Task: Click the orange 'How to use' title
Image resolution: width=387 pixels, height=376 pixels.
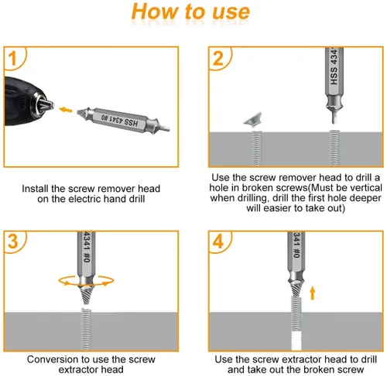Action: (190, 12)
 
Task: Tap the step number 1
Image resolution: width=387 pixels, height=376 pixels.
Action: (12, 58)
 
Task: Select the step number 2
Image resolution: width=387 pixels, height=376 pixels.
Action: (218, 59)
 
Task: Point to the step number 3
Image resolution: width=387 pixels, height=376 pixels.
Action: (13, 241)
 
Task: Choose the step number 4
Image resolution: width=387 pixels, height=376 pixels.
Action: (218, 241)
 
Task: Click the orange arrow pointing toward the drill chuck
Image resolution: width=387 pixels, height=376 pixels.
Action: (66, 110)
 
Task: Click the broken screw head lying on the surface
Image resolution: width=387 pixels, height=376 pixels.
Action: (253, 118)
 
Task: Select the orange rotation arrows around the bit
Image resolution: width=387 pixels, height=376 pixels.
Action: (86, 281)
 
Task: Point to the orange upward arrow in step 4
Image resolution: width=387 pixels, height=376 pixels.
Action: (313, 292)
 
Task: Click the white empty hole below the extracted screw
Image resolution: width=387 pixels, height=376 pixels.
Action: (296, 340)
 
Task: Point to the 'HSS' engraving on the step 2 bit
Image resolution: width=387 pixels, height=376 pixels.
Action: (334, 76)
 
